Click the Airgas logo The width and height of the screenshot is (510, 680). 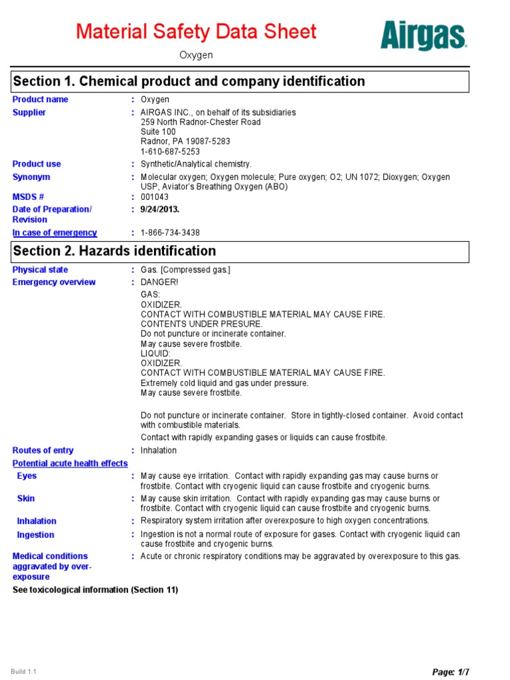click(x=424, y=35)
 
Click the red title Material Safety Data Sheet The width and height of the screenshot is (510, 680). click(x=196, y=31)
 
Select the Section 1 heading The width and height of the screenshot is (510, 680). click(x=189, y=82)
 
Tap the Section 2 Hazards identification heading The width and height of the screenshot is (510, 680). click(x=114, y=251)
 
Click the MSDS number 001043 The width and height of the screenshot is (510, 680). click(x=155, y=197)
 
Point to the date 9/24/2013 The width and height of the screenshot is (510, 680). click(x=160, y=209)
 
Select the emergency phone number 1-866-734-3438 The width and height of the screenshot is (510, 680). click(x=170, y=233)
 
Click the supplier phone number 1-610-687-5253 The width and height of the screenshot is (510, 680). click(x=170, y=151)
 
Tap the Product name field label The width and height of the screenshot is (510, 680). click(x=41, y=100)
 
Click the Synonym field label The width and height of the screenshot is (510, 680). click(x=31, y=177)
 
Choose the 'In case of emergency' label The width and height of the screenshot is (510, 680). click(x=55, y=233)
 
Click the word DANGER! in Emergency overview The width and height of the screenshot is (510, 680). click(x=159, y=282)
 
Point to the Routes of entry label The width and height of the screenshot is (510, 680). click(x=43, y=450)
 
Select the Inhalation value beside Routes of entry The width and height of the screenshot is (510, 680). click(x=159, y=450)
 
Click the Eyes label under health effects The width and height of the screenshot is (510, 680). click(x=27, y=476)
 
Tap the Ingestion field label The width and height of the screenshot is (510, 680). click(x=36, y=535)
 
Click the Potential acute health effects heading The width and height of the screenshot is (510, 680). click(x=70, y=464)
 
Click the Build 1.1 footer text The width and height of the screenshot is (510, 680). click(x=24, y=671)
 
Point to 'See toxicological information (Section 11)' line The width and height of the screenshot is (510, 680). click(x=96, y=590)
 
